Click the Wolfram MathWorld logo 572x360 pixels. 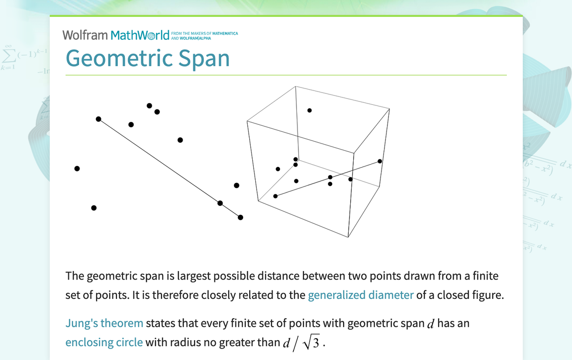115,35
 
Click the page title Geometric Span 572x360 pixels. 148,58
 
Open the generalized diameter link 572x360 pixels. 361,295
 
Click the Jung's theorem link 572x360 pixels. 104,323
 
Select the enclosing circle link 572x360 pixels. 104,342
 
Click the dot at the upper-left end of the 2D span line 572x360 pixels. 98,119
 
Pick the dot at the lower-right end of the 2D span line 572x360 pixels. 240,217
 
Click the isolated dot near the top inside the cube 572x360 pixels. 309,110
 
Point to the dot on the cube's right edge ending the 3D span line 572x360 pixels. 380,161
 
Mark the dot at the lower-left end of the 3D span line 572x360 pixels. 276,196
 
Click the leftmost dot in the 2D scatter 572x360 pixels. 77,169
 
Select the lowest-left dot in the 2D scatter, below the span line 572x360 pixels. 94,208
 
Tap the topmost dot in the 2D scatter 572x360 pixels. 149,105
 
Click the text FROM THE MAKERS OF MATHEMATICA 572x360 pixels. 204,34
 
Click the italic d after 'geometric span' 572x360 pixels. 431,324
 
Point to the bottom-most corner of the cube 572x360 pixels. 348,238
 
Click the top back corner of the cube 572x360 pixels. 295,87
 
